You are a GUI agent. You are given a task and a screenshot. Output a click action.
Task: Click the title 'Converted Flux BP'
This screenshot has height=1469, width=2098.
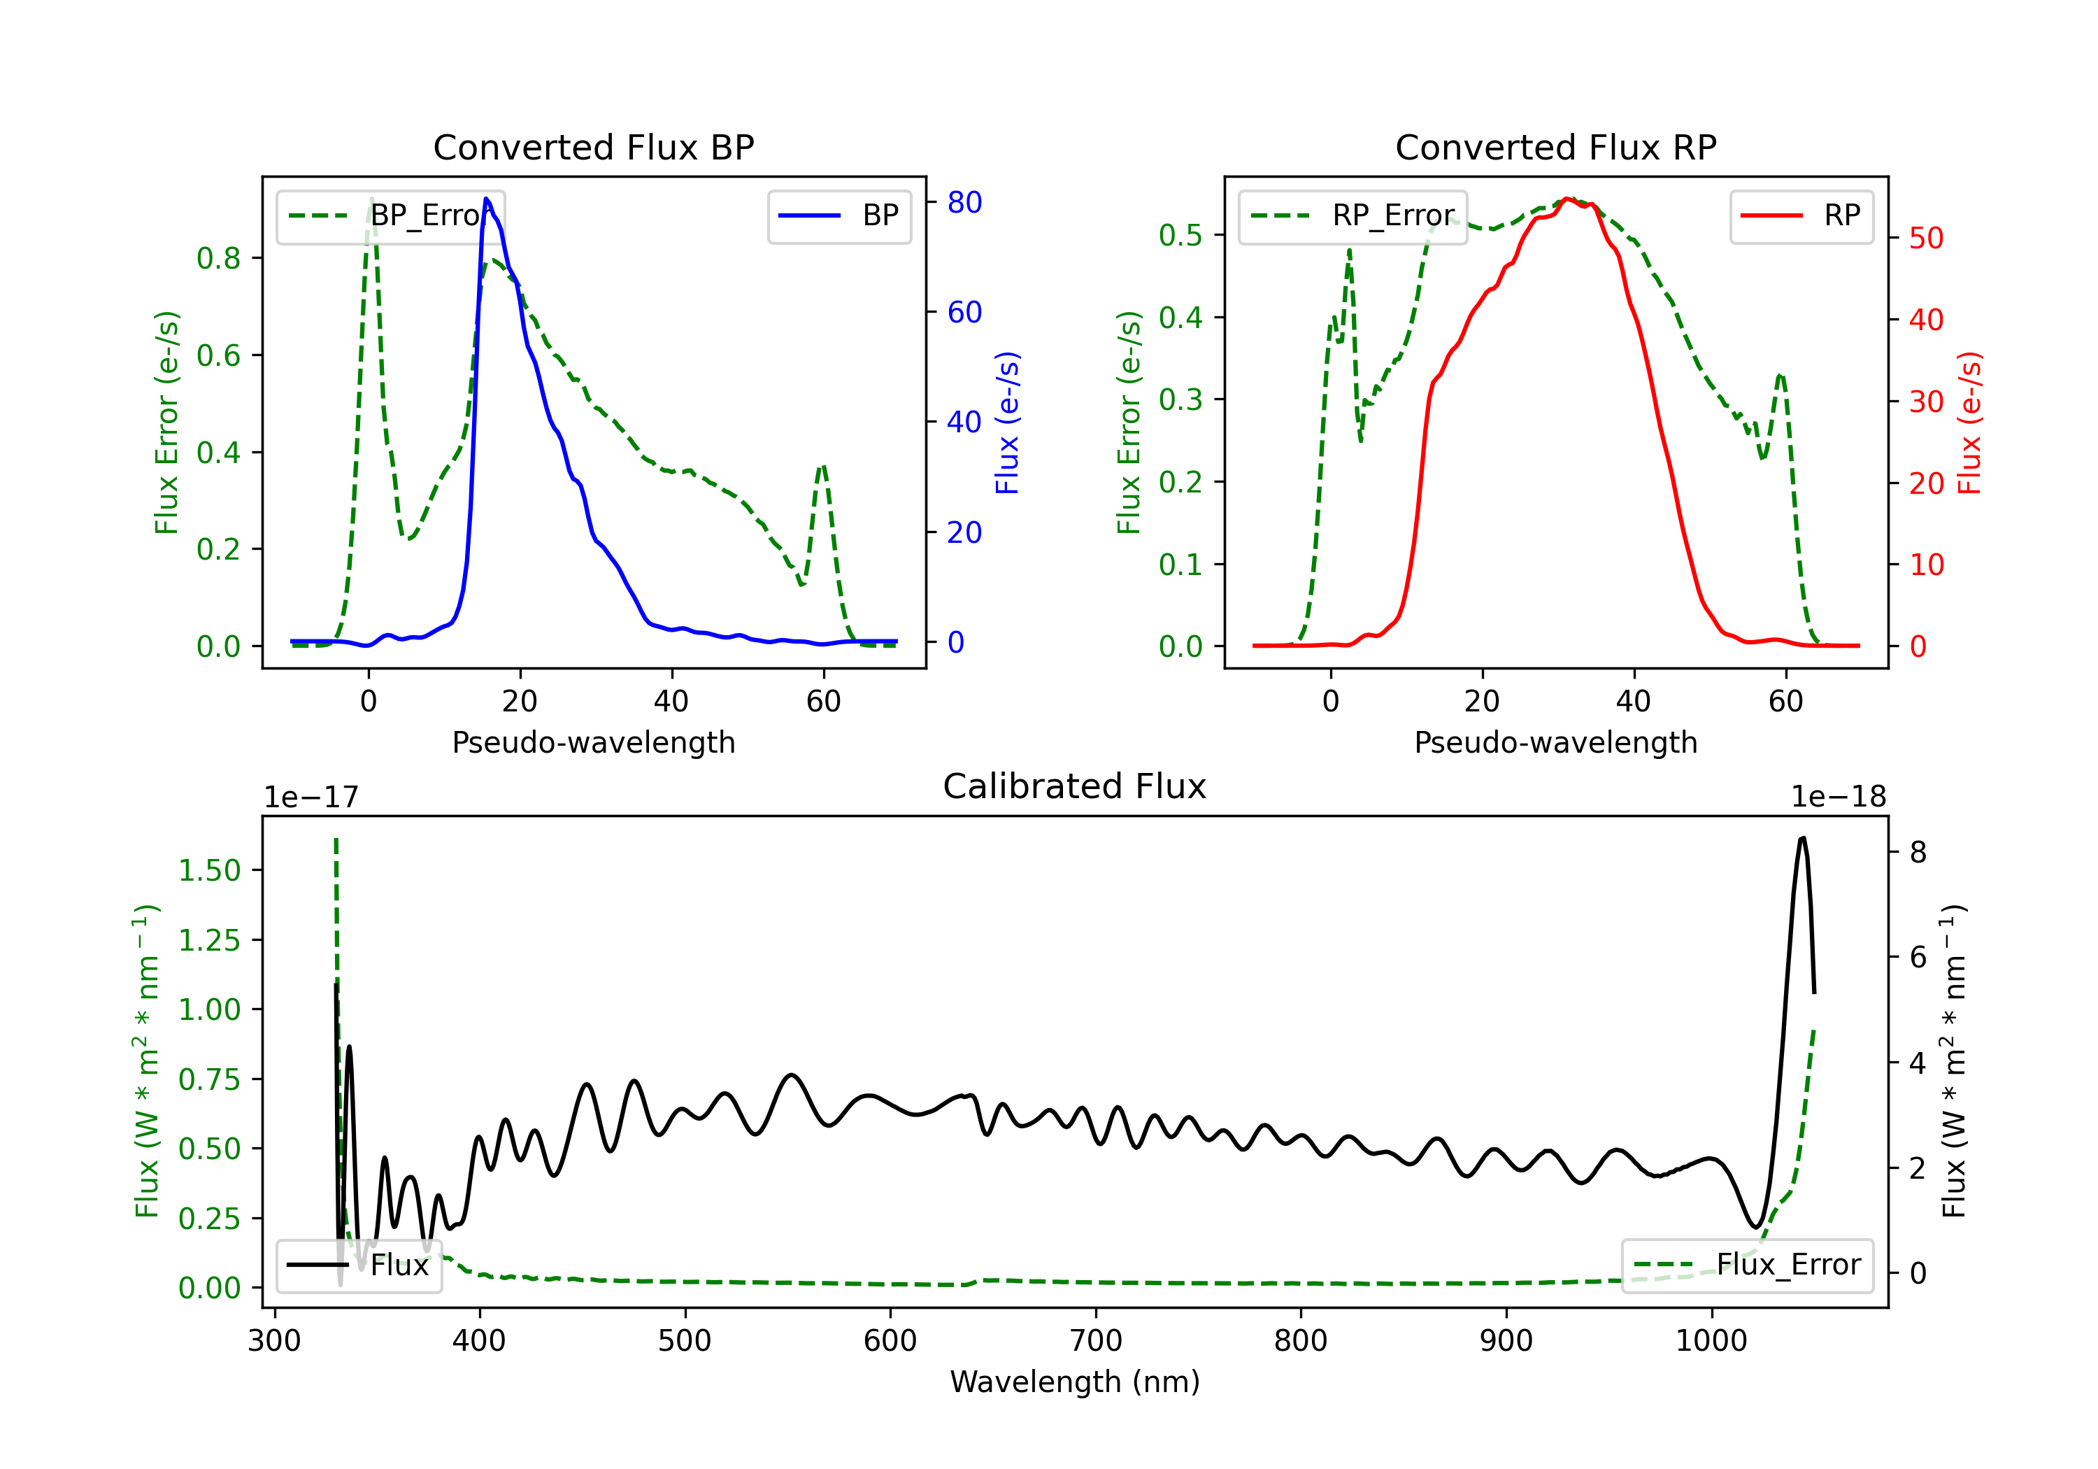593,147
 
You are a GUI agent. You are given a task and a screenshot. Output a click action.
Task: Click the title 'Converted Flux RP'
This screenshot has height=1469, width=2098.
1555,147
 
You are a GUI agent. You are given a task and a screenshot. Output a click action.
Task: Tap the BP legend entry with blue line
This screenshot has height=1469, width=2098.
839,215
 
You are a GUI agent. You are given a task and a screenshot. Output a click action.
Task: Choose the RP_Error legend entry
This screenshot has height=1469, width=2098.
1353,215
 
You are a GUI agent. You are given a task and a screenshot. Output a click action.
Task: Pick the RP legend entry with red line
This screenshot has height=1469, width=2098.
1801,215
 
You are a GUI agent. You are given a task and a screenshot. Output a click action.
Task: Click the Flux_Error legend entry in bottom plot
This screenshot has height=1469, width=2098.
1746,1265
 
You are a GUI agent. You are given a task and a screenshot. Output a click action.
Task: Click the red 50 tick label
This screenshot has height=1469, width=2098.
1926,239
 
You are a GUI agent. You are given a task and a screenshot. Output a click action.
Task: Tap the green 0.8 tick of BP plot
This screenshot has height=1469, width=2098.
220,259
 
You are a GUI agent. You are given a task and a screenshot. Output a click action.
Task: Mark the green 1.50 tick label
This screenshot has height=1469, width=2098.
209,870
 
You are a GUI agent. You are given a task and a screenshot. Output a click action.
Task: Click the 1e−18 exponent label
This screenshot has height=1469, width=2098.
1839,797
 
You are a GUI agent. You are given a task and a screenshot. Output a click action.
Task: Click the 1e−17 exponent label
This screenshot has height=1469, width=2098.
311,797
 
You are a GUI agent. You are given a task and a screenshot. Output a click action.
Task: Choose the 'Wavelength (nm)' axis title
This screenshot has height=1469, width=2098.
1075,1382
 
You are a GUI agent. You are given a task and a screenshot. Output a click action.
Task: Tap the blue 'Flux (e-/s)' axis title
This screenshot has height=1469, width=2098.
1007,423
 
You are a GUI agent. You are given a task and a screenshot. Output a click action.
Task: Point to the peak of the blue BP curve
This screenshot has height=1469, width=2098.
486,199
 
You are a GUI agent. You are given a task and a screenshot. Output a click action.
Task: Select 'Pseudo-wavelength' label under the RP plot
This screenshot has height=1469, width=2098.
1555,742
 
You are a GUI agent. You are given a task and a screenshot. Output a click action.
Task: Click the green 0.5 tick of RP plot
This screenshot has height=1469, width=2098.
1180,235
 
